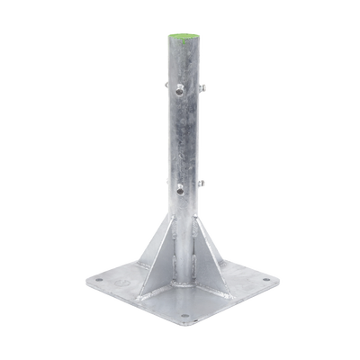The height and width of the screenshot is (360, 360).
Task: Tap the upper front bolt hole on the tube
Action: (x=179, y=87)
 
